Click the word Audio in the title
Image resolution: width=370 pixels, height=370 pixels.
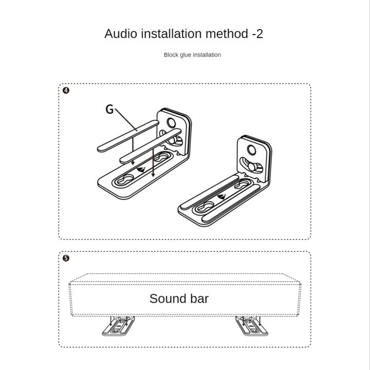coord(121,34)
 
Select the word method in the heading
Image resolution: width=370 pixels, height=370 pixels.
coord(228,34)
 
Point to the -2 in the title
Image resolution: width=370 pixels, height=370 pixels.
coord(257,34)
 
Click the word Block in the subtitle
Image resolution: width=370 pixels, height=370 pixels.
coord(172,55)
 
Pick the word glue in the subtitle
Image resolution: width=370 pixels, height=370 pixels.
coord(187,55)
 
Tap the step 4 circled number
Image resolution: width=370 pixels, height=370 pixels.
coord(66,90)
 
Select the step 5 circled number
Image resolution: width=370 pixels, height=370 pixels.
coord(66,258)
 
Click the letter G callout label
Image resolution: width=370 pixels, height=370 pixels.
coord(109,109)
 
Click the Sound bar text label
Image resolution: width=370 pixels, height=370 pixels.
coord(179,298)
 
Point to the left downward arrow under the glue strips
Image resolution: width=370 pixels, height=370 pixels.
coord(134,163)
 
